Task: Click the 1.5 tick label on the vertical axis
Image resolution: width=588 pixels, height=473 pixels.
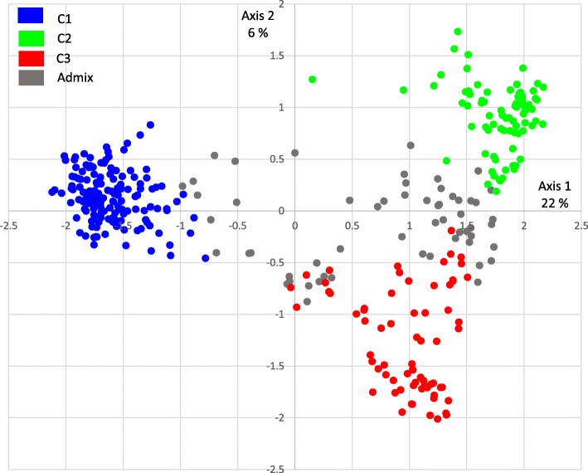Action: coord(276,56)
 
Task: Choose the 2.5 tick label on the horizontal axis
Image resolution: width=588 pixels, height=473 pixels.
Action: coord(581,224)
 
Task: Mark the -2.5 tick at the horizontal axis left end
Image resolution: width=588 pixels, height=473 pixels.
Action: coord(9,224)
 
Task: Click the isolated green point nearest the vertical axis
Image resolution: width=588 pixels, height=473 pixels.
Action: coord(313,80)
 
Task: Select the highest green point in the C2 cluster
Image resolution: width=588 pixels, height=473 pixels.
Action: coord(457,32)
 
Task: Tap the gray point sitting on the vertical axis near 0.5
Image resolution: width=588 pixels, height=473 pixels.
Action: coord(294,153)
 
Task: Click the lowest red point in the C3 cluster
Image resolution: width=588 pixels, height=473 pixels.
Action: coord(438,419)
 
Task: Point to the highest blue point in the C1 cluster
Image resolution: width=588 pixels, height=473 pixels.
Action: coord(150,125)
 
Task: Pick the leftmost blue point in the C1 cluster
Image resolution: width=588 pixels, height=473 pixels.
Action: coord(51,193)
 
